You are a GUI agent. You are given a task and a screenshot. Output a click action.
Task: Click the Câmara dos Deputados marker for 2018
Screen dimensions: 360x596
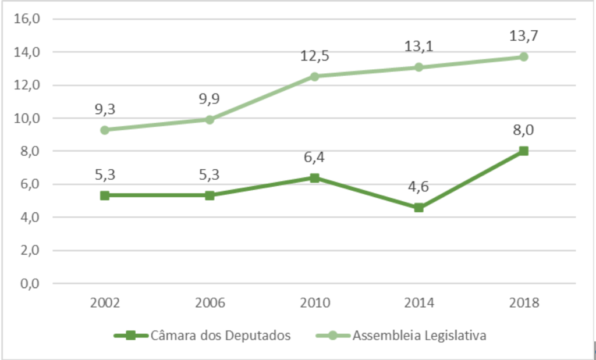[524, 151]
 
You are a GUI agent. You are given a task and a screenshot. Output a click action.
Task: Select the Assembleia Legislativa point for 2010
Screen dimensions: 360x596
[314, 76]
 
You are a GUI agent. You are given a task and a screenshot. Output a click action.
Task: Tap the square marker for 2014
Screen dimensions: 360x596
[419, 208]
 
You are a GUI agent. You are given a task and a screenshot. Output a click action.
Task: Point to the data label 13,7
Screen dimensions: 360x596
[524, 35]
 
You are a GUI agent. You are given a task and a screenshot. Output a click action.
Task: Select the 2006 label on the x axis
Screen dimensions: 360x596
[210, 303]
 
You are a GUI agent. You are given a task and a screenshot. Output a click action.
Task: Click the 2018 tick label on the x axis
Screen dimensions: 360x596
[524, 303]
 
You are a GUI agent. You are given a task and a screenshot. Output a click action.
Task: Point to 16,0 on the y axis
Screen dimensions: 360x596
[27, 19]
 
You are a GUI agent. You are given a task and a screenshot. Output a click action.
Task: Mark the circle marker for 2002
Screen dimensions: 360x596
[105, 130]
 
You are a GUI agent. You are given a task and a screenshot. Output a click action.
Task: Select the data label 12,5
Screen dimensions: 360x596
[314, 56]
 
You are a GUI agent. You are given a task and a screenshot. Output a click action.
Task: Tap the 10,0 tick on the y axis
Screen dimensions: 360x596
[27, 118]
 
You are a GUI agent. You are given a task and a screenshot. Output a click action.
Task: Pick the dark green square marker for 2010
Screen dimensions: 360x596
[314, 177]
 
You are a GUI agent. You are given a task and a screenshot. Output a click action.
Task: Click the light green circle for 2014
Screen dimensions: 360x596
[419, 67]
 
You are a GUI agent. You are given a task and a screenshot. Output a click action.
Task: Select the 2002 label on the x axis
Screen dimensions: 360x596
[105, 303]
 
